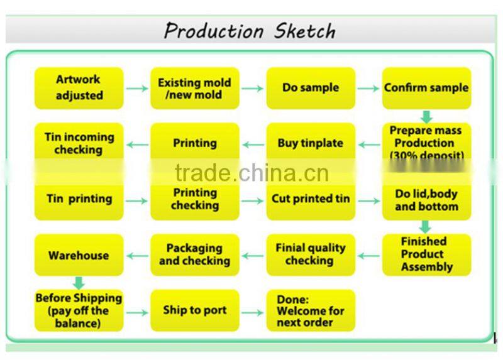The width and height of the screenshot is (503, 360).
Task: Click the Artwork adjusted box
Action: (79, 88)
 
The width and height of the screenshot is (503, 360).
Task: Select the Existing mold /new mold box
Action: (195, 88)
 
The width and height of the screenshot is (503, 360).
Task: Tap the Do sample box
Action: (311, 88)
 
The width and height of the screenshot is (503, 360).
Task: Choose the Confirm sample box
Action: (426, 88)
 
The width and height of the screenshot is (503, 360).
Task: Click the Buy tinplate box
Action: (311, 144)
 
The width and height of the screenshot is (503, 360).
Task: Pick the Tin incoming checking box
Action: (79, 144)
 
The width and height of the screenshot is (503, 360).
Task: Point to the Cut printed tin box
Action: (311, 199)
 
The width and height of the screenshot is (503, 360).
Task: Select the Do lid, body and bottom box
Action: (426, 199)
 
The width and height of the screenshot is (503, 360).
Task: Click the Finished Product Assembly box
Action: (426, 254)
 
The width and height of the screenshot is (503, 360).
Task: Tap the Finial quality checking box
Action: (311, 254)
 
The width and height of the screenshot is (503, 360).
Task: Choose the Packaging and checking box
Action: (195, 254)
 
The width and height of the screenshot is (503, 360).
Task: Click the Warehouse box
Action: (79, 256)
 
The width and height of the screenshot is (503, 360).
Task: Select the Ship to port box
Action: (195, 310)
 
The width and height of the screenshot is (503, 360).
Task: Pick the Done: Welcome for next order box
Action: (311, 310)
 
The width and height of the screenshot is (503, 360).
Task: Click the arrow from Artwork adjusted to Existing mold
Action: (136, 89)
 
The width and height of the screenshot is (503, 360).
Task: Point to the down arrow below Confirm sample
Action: (426, 116)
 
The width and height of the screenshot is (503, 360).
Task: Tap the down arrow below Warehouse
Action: (79, 283)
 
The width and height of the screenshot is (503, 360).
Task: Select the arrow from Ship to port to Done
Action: (253, 312)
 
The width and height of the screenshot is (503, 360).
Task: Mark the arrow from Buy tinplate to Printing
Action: (253, 145)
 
